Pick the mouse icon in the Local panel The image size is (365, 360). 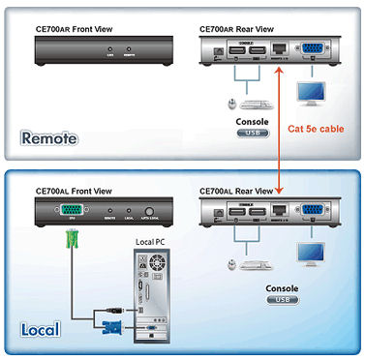229,262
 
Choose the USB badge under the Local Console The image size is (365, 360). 280,301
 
